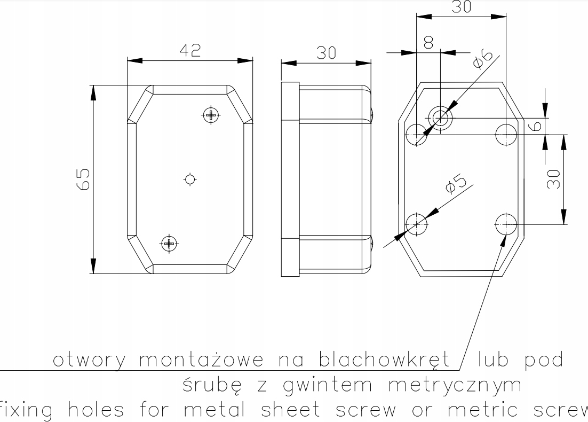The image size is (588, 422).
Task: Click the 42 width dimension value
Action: coord(190,50)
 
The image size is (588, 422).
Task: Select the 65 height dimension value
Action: coord(83,179)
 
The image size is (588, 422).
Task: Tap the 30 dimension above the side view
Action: coord(326,53)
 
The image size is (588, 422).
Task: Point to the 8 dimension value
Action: coord(428,43)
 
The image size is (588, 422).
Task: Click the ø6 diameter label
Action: coord(482,58)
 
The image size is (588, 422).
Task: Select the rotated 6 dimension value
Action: coord(537,126)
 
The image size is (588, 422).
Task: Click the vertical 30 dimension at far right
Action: coord(553,179)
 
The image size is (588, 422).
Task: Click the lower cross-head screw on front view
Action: coord(169,244)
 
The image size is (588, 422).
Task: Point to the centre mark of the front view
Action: coord(190,179)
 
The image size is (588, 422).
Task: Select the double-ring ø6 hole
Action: coord(440,117)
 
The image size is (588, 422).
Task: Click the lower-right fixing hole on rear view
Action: coord(506,224)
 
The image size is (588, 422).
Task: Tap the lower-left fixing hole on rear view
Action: coord(417,224)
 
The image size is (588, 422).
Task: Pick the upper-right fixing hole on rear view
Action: coord(506,134)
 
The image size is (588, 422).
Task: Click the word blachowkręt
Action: coord(384,361)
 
